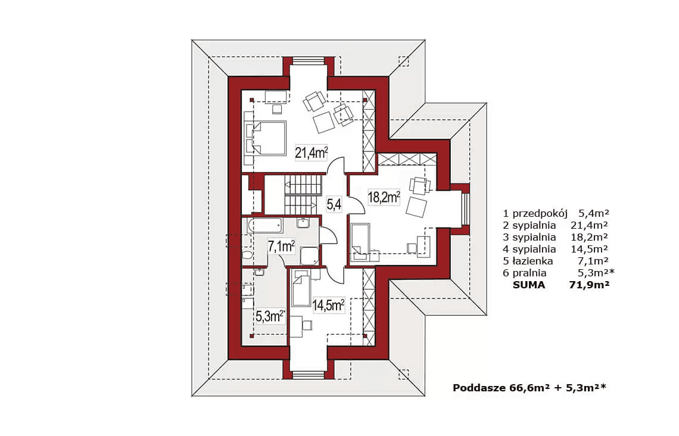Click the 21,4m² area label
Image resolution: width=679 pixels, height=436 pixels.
coord(311,152)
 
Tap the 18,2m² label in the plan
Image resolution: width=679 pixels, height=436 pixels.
coord(384,197)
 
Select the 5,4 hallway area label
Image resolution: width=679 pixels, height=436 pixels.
coord(334,204)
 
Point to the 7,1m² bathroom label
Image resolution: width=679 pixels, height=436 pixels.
coord(281,247)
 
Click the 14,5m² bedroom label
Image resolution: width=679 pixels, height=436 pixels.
coord(328,305)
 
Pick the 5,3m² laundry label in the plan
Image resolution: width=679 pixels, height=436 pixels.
coord(269,316)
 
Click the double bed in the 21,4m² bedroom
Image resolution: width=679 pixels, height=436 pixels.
coord(269,138)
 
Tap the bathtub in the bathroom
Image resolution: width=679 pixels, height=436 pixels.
coord(264,226)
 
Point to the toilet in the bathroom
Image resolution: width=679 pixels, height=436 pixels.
coord(247,254)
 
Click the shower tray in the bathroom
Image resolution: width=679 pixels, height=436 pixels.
coord(309,256)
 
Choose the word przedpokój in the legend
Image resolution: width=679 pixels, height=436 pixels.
coord(540,213)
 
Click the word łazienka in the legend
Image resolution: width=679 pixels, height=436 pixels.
coord(532,261)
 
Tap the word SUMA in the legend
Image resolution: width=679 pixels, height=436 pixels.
coord(529,285)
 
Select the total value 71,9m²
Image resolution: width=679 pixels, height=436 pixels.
coord(590,285)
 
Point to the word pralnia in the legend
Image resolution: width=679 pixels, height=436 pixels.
coord(529,273)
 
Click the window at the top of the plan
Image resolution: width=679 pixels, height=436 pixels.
coord(309,61)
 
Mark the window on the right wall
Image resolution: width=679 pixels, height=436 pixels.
coord(466,209)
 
